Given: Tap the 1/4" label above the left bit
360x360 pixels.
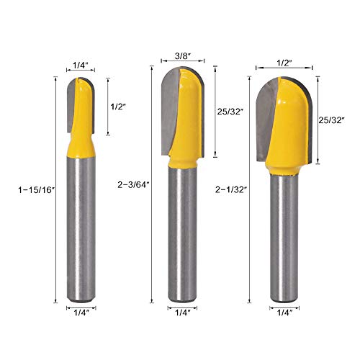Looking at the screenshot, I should pyautogui.click(x=81, y=66).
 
